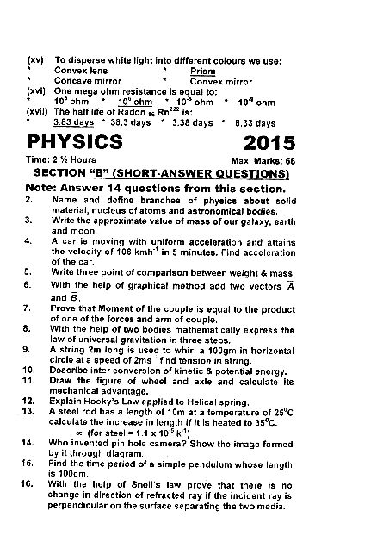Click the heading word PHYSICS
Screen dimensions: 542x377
coord(74,140)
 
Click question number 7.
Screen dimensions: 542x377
coord(28,307)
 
